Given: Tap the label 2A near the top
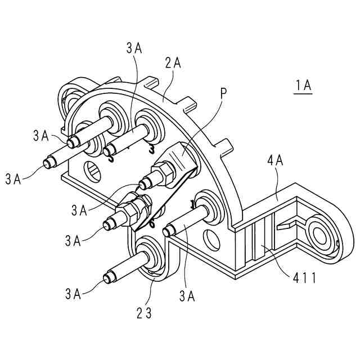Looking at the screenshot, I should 173,63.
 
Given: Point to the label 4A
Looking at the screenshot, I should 275,161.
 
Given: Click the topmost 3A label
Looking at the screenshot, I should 134,48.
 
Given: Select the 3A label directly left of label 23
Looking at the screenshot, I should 73,293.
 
